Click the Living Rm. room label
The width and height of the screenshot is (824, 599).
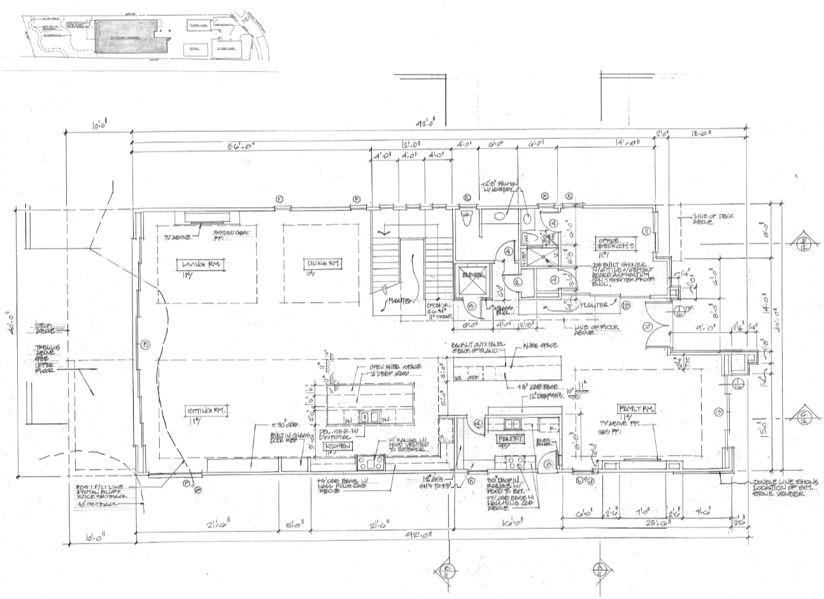point(197,264)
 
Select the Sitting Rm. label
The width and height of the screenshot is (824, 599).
point(202,410)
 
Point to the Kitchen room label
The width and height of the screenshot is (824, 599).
point(338,447)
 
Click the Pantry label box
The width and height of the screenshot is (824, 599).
point(511,438)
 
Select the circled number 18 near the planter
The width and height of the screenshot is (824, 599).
point(627,307)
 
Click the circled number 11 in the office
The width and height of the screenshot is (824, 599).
point(646,230)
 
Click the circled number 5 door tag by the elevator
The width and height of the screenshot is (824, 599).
point(472,307)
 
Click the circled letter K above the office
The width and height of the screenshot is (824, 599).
point(569,196)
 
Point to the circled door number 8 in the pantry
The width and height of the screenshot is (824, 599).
point(548,465)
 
